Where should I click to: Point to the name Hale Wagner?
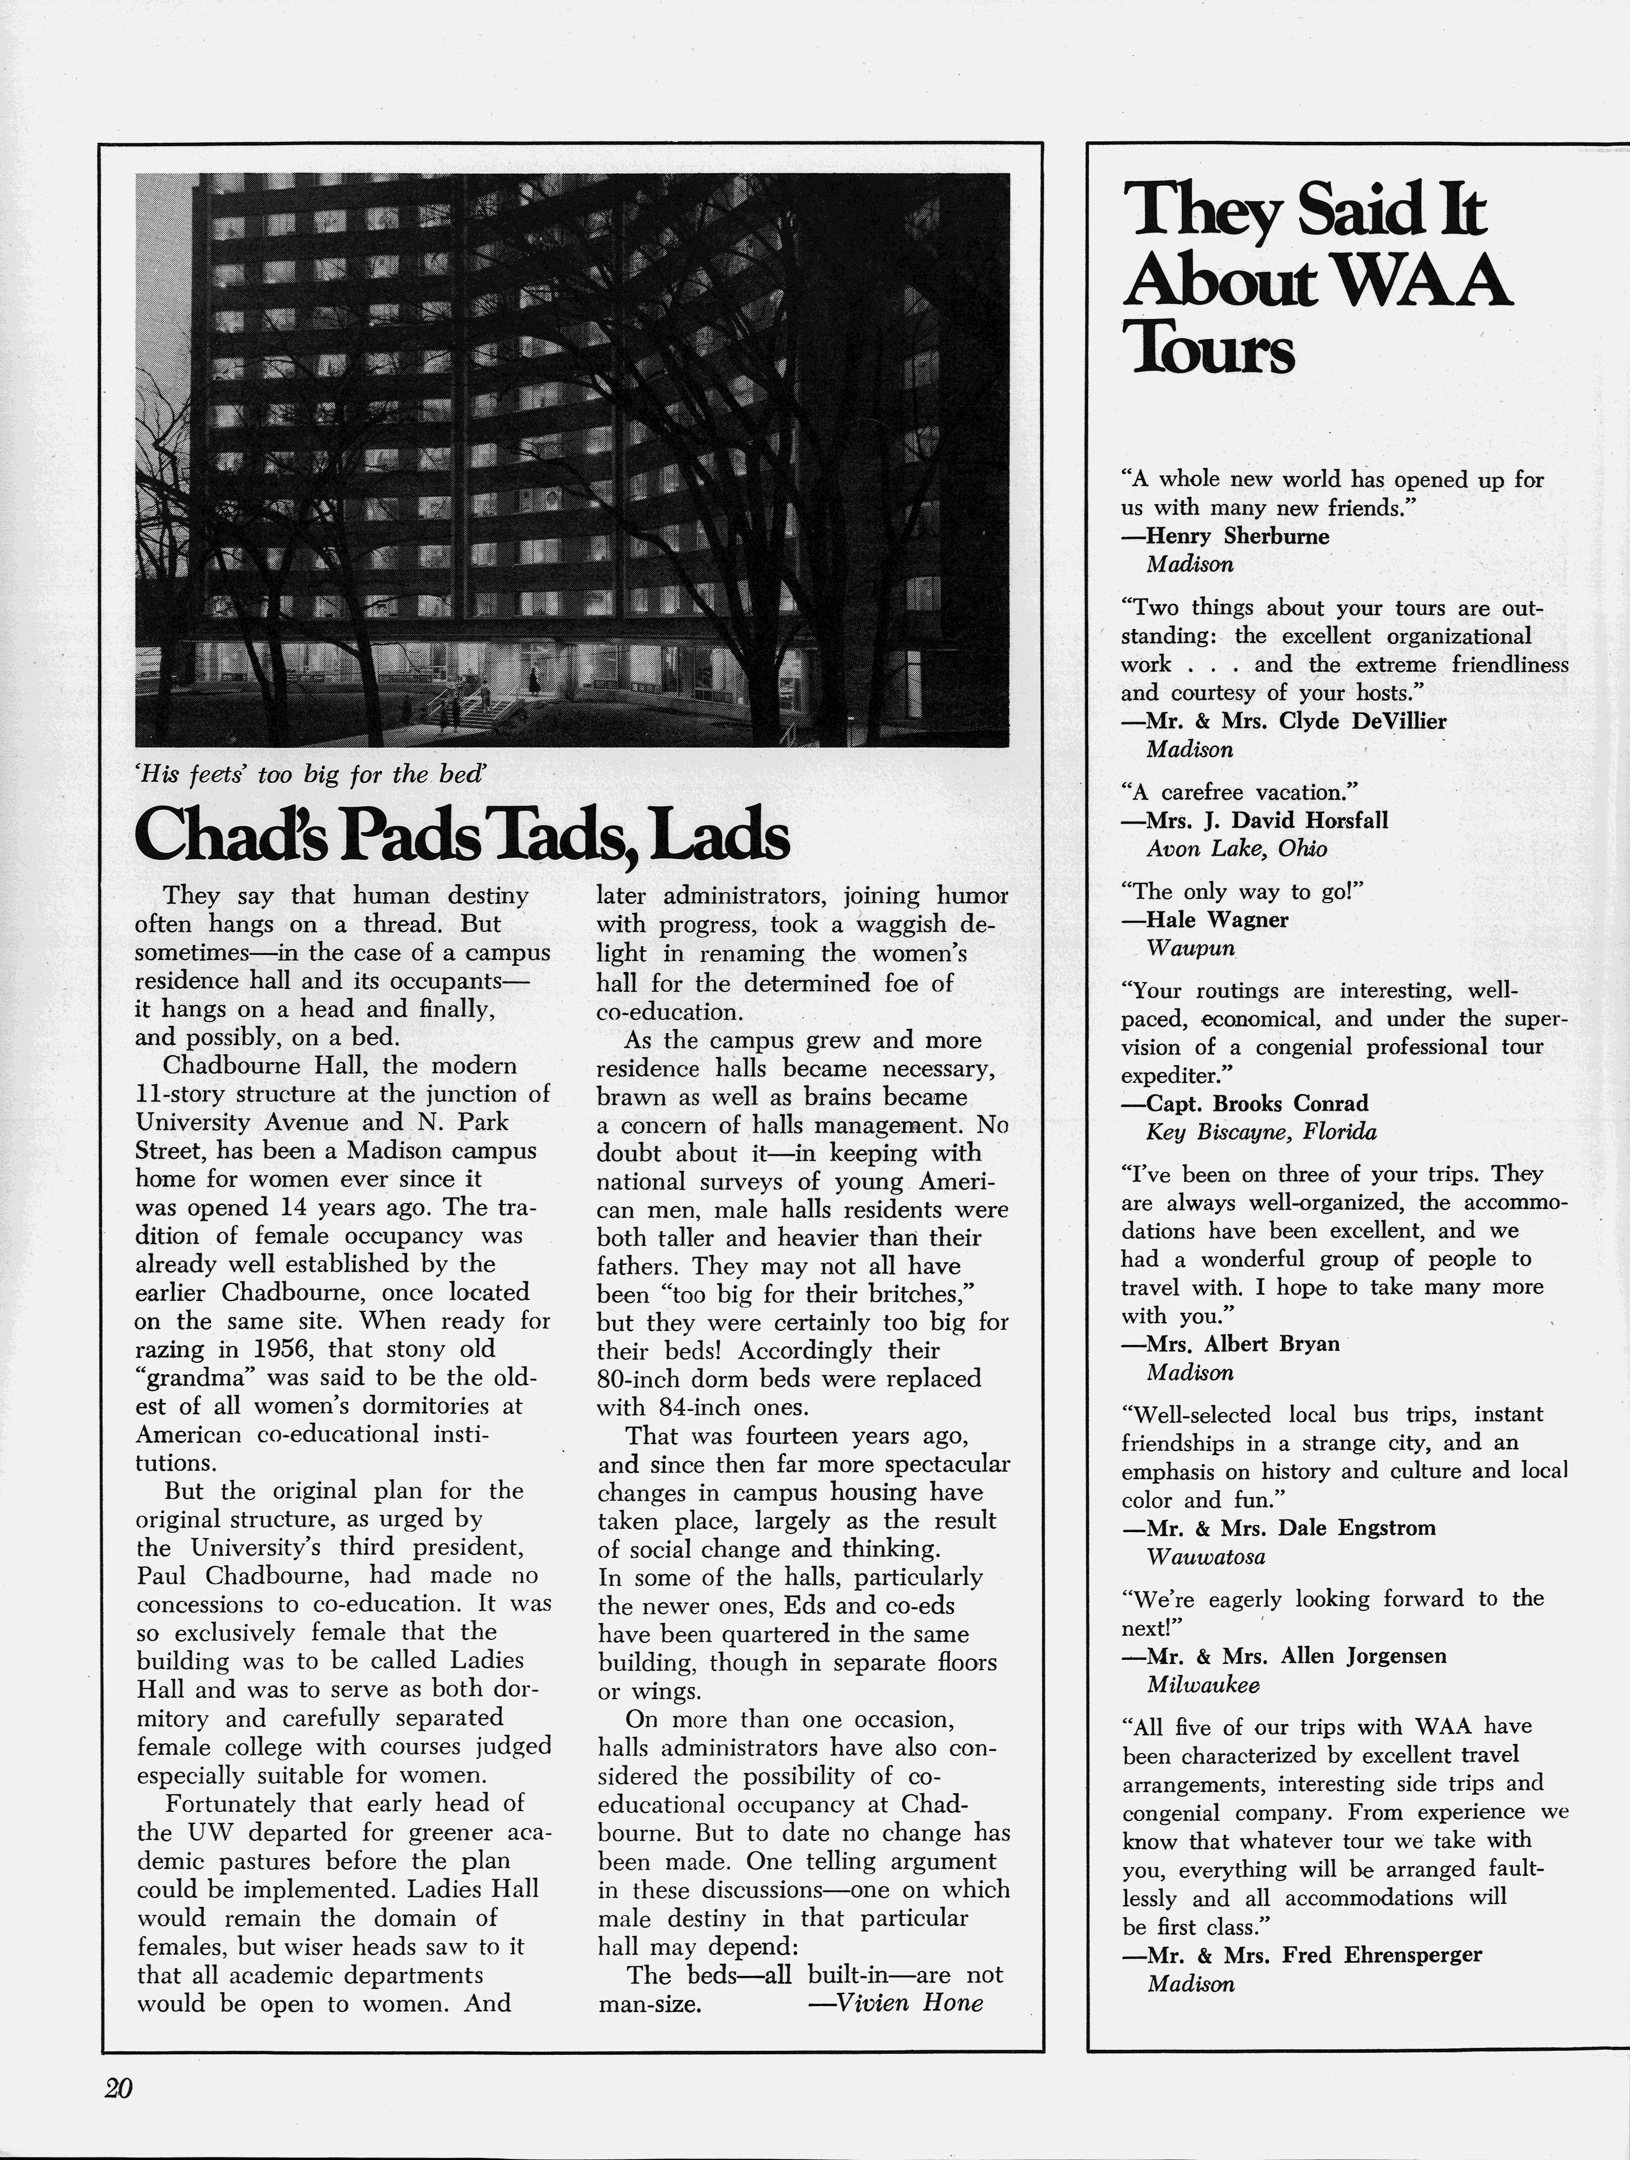(x=1216, y=920)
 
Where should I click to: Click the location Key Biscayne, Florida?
(x=1261, y=1132)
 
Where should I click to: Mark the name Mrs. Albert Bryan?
(x=1241, y=1344)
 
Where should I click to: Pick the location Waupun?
(x=1191, y=948)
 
